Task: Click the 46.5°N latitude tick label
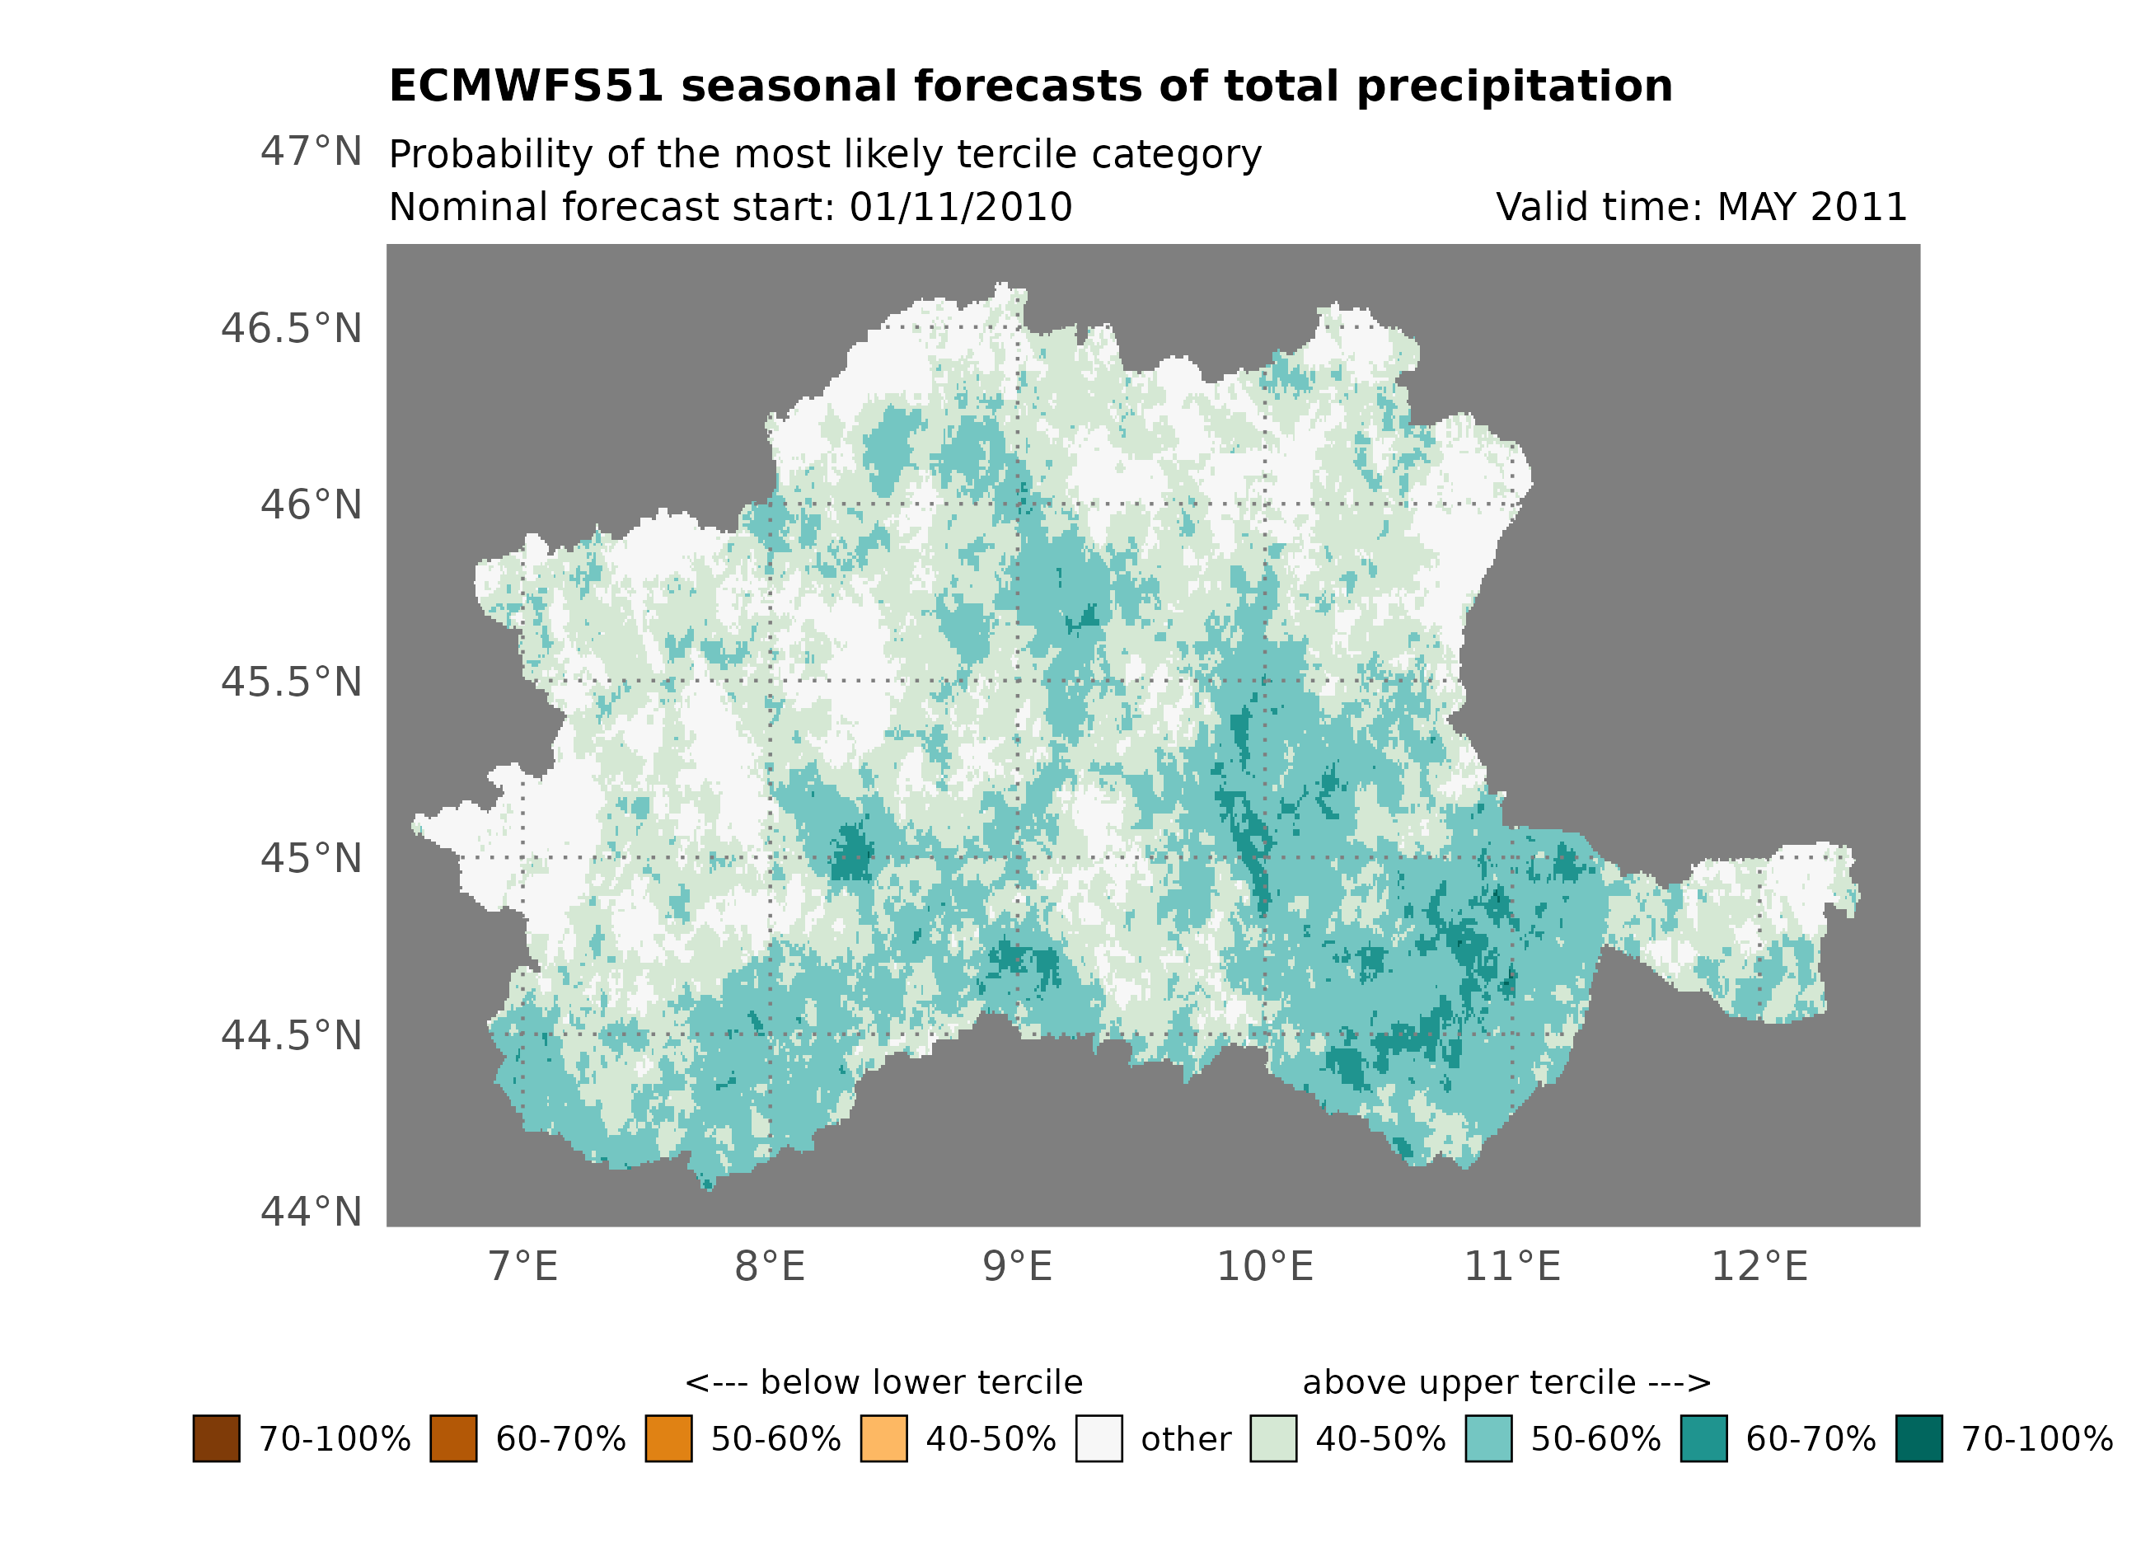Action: tap(291, 329)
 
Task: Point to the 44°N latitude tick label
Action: tap(311, 1212)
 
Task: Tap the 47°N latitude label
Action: tap(311, 151)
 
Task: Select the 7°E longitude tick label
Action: tap(523, 1266)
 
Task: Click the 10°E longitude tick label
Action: tap(1265, 1266)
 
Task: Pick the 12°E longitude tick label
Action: tap(1759, 1266)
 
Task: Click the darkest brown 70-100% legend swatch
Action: tap(216, 1438)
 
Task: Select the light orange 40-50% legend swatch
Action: tap(883, 1438)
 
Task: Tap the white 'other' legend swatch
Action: tap(1099, 1438)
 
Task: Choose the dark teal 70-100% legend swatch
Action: tap(1919, 1438)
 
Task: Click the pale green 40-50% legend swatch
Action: tap(1272, 1438)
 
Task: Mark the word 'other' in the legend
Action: tap(1186, 1439)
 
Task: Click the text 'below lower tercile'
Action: tap(921, 1382)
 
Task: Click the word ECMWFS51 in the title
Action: tap(527, 86)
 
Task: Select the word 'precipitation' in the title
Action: tap(1514, 86)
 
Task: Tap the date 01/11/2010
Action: tap(961, 207)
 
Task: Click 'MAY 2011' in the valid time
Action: tap(1812, 207)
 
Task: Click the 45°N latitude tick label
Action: tap(311, 858)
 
